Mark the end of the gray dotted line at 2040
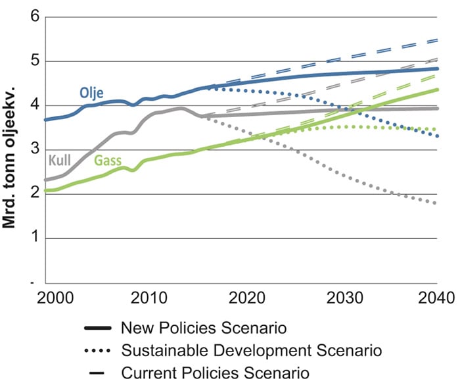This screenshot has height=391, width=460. (x=437, y=203)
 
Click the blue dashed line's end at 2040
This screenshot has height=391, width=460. (x=437, y=41)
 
